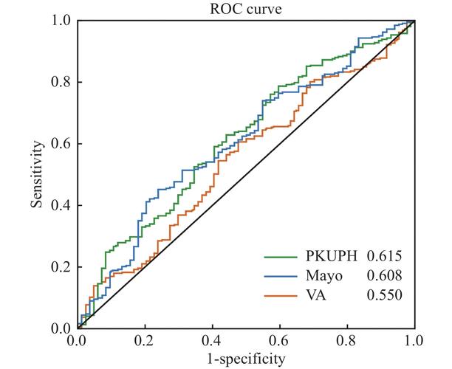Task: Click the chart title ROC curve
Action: (x=244, y=9)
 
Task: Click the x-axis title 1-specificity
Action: (x=245, y=359)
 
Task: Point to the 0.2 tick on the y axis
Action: (x=62, y=267)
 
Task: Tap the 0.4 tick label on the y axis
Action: (x=62, y=205)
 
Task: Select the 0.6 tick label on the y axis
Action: (x=62, y=144)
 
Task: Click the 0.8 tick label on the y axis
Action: (x=62, y=82)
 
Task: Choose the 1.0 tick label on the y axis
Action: (x=62, y=21)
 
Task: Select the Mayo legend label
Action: (x=320, y=276)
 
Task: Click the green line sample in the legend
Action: (x=281, y=257)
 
